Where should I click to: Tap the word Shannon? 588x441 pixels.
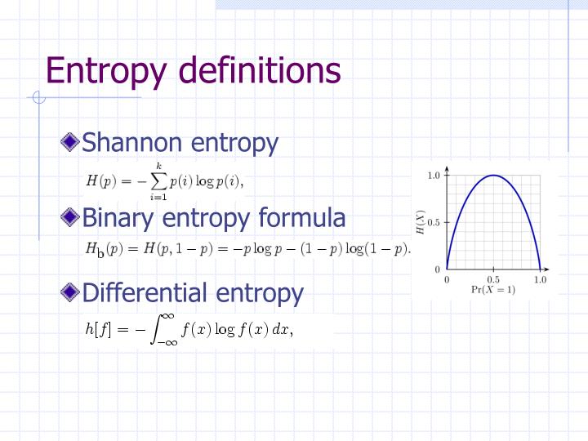coord(132,143)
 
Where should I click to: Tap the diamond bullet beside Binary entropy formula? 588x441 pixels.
coord(71,217)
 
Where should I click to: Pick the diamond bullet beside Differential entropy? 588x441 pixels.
coord(71,292)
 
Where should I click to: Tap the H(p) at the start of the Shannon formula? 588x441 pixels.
coord(101,180)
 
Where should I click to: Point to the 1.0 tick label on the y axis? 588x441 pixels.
coord(434,175)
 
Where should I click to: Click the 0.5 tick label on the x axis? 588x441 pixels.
coord(493,279)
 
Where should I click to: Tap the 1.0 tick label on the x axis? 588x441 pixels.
coord(540,279)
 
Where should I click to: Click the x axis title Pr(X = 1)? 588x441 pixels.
coord(493,290)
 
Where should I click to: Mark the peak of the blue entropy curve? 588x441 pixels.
coord(493,175)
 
